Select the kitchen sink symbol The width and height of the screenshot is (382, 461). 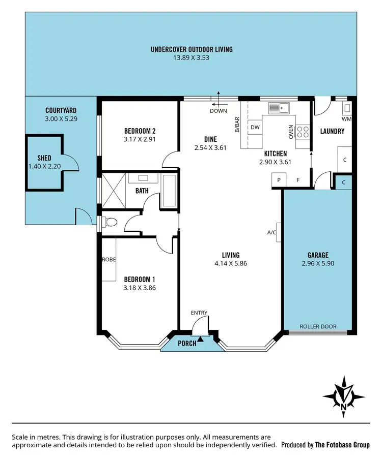(279, 108)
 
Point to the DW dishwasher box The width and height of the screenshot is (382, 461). (255, 127)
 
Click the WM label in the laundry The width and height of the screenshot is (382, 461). (346, 119)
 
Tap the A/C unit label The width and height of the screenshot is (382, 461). (271, 233)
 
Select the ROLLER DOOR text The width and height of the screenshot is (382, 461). (318, 327)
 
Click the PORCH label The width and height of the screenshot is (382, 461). (186, 343)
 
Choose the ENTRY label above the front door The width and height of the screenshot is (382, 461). (199, 313)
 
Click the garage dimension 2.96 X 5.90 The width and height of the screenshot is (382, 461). (318, 263)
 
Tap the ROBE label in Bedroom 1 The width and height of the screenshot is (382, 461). (108, 259)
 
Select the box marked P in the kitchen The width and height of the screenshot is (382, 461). (279, 180)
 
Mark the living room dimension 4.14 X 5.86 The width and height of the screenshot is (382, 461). (230, 263)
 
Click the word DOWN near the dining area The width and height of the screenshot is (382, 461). (218, 110)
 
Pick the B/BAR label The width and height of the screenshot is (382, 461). (237, 125)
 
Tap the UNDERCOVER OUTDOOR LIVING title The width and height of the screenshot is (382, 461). (192, 49)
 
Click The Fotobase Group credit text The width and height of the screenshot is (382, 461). (342, 445)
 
